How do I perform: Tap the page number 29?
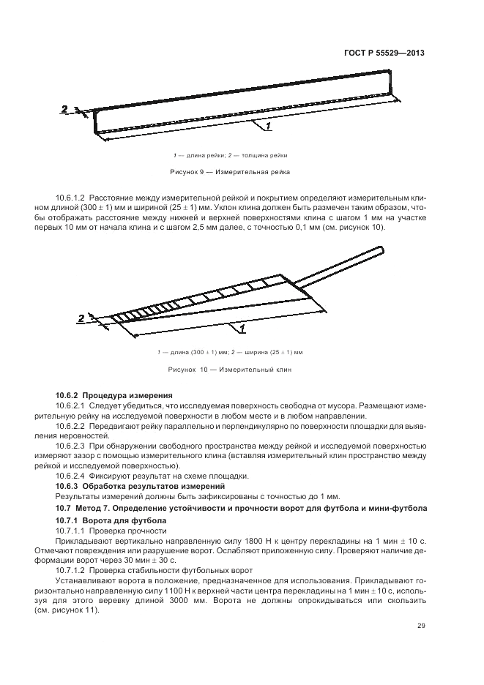pos(420,625)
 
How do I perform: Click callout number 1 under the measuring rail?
pos(268,127)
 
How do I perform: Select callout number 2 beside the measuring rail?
pos(65,109)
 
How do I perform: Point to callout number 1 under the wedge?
pos(241,330)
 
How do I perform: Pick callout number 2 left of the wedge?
pos(81,318)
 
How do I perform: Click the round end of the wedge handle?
pos(381,252)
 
